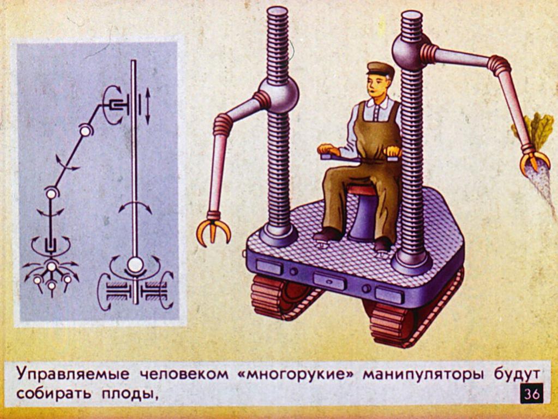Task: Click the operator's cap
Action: tap(380, 69)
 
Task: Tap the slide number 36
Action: tap(532, 393)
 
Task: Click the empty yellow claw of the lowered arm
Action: tap(213, 231)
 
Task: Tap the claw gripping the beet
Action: tap(534, 162)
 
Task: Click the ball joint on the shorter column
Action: tap(278, 95)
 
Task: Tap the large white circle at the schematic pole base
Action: tap(135, 265)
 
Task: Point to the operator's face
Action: tap(375, 86)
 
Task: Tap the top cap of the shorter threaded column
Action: tap(277, 12)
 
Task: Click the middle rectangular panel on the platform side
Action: tap(329, 281)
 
